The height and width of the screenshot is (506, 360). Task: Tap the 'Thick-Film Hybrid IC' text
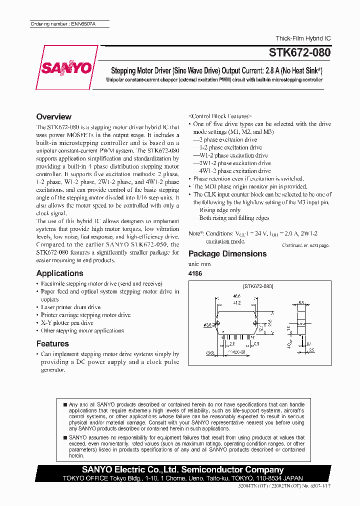(x=303, y=38)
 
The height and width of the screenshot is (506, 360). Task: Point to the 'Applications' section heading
(x=59, y=273)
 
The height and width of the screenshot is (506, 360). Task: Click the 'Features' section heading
(x=52, y=344)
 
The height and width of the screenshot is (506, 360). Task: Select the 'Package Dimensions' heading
(x=227, y=253)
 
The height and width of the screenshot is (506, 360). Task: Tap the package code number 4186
(x=195, y=273)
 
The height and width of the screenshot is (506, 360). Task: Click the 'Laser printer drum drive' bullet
(x=70, y=307)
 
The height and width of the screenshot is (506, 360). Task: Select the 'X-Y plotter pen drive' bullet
(x=67, y=323)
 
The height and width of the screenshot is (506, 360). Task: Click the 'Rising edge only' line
(x=220, y=210)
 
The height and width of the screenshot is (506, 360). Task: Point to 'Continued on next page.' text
(x=305, y=245)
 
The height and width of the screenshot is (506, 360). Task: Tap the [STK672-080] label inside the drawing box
(x=258, y=287)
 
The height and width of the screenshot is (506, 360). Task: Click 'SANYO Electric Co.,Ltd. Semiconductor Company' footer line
(x=182, y=470)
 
